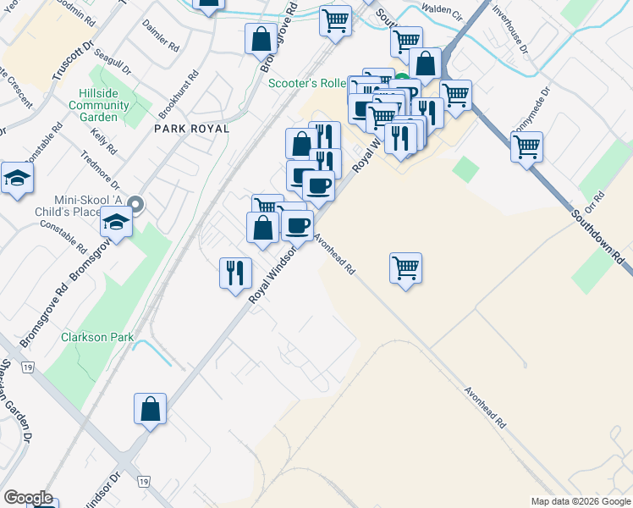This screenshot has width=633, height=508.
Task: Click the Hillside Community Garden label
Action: click(104, 106)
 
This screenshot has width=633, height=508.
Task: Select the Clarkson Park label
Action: click(97, 337)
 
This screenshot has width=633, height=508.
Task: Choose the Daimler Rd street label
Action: click(161, 35)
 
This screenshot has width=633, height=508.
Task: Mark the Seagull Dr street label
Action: click(114, 60)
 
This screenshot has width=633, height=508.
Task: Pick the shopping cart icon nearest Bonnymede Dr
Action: click(526, 146)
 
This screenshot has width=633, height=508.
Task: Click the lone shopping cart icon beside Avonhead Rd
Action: click(405, 268)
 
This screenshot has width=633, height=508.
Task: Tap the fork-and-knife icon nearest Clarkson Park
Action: click(235, 273)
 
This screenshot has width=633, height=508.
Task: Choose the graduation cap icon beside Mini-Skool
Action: click(116, 223)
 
